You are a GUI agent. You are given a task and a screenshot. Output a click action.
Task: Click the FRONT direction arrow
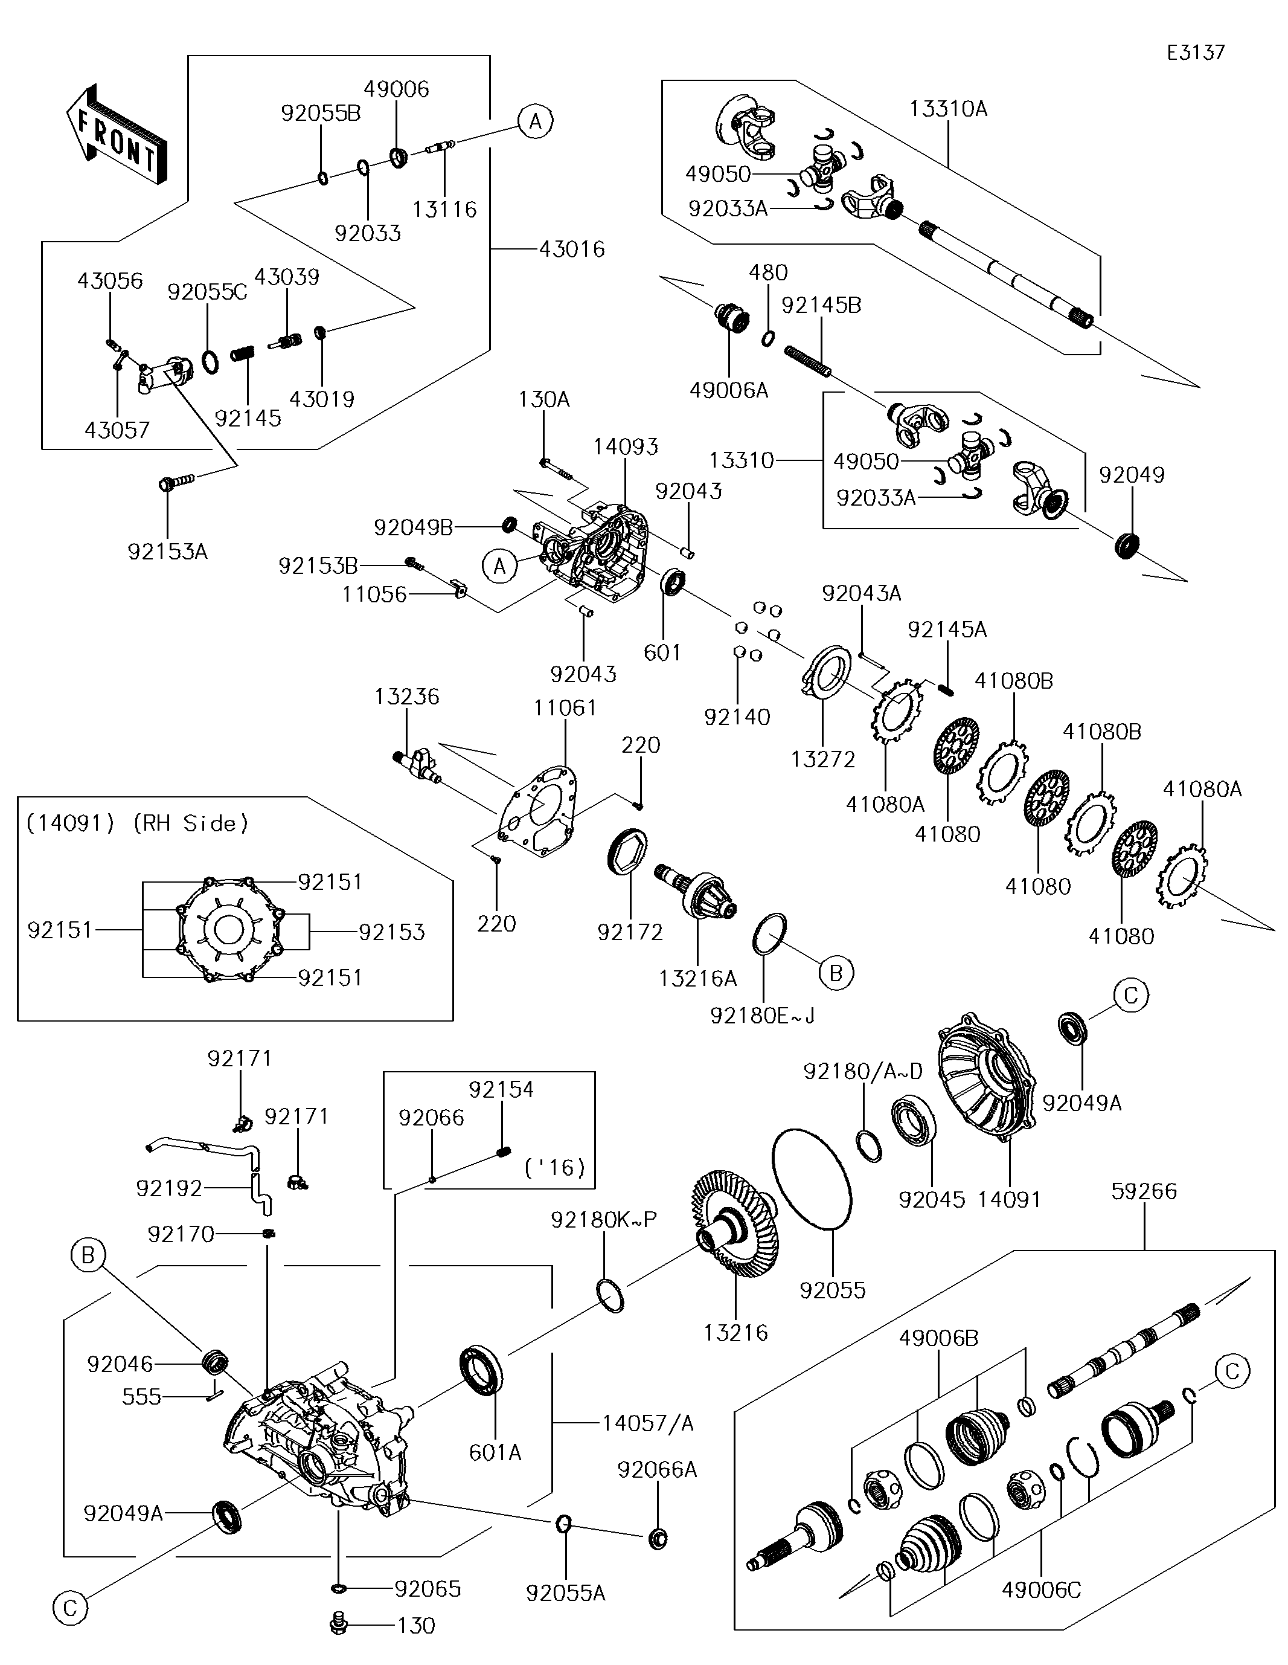(x=116, y=134)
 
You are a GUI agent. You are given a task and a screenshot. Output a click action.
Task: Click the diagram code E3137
(x=1195, y=53)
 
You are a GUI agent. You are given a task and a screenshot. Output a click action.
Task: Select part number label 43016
(x=572, y=250)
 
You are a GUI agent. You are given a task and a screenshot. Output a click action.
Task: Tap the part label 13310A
(x=948, y=109)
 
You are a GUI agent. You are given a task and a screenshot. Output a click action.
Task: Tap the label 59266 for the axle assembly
(x=1143, y=1191)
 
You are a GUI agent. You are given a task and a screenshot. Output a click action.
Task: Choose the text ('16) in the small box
(x=555, y=1167)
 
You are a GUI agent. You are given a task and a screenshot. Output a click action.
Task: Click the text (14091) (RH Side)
(x=137, y=823)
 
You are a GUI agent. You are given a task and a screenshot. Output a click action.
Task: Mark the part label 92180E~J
(x=762, y=1016)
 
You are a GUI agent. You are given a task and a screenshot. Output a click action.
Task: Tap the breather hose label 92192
(x=169, y=1188)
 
